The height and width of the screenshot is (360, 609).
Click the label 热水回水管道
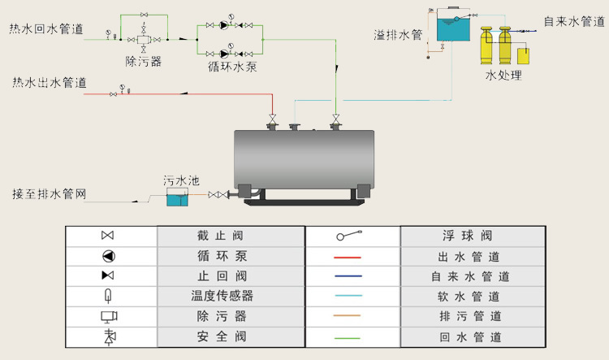tap(45, 30)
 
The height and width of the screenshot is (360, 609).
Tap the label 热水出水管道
tap(45, 83)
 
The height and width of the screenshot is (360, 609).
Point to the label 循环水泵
tap(232, 67)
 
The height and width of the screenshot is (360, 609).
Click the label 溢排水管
tap(398, 35)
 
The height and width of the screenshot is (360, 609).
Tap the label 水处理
tap(503, 76)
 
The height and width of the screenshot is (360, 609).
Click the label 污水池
tap(180, 180)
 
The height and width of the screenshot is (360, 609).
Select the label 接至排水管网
tap(49, 194)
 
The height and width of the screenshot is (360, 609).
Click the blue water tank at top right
tap(454, 28)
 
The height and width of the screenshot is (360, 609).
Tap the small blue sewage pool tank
tap(177, 197)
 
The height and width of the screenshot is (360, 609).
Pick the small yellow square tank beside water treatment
tap(524, 57)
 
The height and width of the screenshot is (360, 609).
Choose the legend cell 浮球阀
tap(470, 236)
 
